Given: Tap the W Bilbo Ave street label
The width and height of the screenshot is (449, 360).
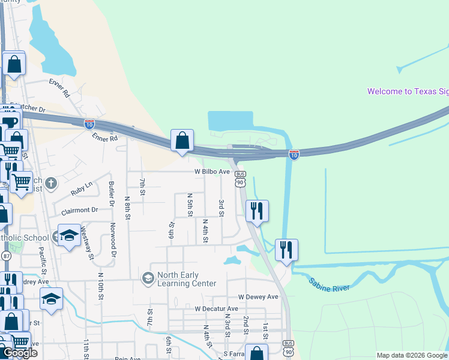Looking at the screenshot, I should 212,172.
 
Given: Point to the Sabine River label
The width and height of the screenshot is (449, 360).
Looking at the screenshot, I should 329,284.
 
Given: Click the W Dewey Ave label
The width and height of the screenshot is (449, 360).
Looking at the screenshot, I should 258,297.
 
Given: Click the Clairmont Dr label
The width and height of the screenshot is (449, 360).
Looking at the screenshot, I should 79,211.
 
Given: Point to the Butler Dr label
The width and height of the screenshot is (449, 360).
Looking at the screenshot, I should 112,193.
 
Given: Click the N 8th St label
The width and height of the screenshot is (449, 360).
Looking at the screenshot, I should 127,206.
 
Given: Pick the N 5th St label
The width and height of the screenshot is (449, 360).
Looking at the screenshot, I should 190,205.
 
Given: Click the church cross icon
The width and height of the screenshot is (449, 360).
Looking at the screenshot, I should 51,183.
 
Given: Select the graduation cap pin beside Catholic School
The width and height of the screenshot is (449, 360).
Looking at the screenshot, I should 69,235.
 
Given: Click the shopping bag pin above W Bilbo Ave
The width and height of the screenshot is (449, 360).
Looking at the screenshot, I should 182,141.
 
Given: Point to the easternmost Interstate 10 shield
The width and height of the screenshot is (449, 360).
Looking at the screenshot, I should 294,154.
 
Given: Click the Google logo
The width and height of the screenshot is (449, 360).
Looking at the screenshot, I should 20,353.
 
